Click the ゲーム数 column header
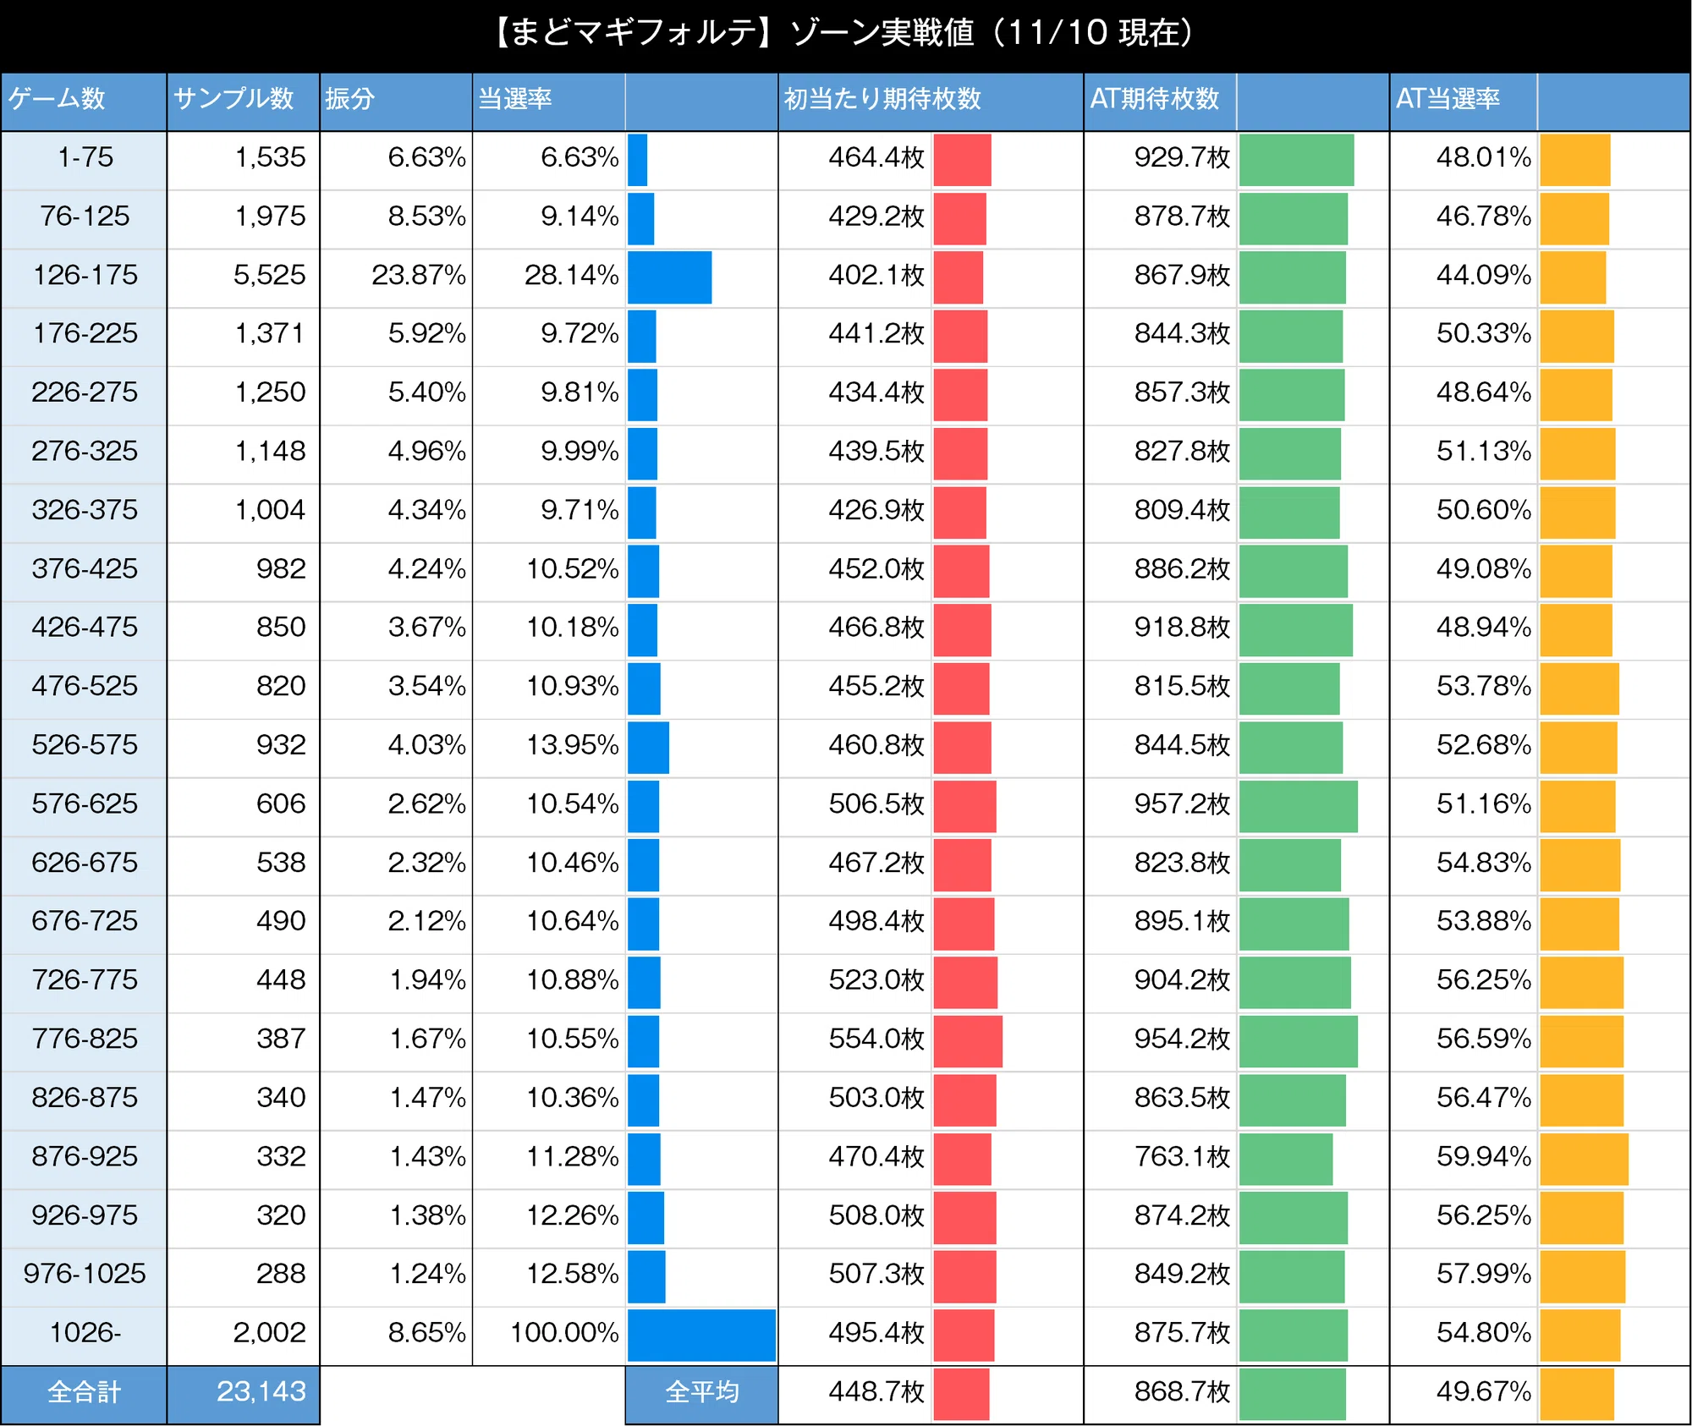coord(57,99)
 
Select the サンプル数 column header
coord(233,99)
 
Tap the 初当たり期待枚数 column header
coord(882,99)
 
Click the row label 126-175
coord(85,275)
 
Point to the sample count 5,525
coord(269,275)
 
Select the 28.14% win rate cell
coord(571,275)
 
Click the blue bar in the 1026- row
coord(701,1335)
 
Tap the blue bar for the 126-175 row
coord(669,277)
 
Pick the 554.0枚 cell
coord(876,1039)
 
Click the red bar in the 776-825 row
coord(968,1041)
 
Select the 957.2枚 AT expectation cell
coord(1182,803)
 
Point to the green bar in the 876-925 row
coord(1286,1159)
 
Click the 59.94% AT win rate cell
coord(1483,1156)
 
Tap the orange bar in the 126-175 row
coord(1573,277)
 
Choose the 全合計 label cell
coord(84,1392)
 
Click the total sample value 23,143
coord(261,1391)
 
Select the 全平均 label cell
coord(701,1392)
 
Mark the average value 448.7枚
coord(876,1391)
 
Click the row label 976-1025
coord(85,1274)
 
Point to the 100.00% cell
coord(564,1333)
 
